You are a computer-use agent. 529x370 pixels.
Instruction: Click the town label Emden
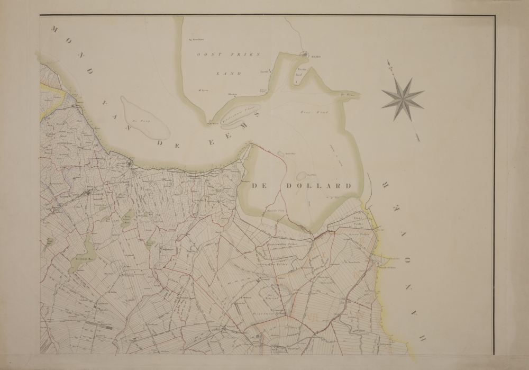316,55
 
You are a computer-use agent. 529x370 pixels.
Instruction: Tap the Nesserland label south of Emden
302,73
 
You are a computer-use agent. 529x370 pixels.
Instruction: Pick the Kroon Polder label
358,233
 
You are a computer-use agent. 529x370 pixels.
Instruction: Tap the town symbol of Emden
305,53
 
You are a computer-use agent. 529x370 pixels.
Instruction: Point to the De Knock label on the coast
214,123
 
